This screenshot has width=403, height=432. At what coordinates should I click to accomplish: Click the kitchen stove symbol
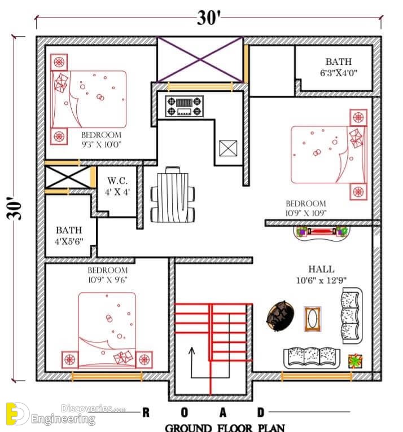point(184,106)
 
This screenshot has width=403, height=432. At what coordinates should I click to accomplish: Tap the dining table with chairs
point(173,195)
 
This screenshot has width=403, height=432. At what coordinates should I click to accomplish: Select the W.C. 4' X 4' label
point(117,186)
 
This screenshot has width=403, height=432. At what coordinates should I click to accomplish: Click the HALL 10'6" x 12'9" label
point(321,275)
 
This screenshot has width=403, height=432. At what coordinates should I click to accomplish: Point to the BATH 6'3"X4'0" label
point(339,67)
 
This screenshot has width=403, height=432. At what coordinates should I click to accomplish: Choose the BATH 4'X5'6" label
point(69,236)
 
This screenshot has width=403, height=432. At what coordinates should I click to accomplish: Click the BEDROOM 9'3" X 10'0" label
point(101,139)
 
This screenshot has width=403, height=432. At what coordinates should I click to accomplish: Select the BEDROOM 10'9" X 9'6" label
point(107,275)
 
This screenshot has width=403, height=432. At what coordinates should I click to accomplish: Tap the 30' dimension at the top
point(209,18)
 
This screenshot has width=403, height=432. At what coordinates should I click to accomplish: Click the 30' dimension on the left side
point(14,208)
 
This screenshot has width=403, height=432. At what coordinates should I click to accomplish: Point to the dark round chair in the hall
point(280,316)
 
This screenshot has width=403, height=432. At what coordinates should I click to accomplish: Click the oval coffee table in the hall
point(312,319)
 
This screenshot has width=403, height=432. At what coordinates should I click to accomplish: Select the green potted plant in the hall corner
point(355,360)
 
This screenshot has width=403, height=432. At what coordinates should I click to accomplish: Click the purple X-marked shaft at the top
point(200,59)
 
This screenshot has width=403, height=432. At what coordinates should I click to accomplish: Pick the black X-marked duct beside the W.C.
point(68,177)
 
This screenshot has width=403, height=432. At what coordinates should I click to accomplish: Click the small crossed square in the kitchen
point(228,148)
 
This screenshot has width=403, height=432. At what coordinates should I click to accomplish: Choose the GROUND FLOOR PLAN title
point(225,427)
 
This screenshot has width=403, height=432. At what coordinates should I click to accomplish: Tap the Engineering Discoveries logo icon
point(17,414)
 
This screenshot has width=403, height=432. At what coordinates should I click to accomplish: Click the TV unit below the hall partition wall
point(321,232)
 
